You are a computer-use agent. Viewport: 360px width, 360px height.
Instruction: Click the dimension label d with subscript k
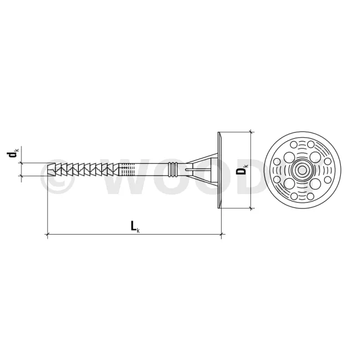(13, 153)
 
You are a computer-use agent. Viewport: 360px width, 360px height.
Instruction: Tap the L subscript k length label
(135, 226)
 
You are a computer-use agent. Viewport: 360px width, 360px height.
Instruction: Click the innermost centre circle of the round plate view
(303, 170)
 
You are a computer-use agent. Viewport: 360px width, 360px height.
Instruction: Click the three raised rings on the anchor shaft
(173, 170)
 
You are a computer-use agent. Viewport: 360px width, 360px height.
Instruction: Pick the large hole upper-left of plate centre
(289, 157)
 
